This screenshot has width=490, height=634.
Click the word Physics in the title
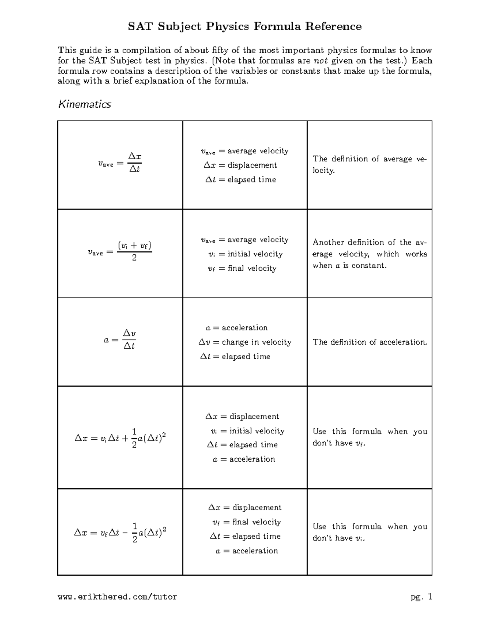point(227,27)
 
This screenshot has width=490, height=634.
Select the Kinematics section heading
point(85,105)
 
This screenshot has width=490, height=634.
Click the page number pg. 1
point(421,597)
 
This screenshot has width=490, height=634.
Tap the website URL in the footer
point(117,597)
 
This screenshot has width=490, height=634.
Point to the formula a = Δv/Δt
point(120,340)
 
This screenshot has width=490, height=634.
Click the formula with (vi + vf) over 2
point(120,251)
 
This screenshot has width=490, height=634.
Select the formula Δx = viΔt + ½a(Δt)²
point(120,438)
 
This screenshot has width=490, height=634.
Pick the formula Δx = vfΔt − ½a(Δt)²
point(120,533)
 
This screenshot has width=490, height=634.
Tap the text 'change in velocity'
point(256,342)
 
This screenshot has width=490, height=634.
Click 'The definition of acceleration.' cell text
point(370,342)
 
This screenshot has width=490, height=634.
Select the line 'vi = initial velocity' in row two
point(245,254)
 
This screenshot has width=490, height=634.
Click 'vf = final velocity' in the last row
point(246,522)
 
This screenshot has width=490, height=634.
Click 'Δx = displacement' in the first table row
point(241,165)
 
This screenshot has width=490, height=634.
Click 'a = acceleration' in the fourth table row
point(244,459)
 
